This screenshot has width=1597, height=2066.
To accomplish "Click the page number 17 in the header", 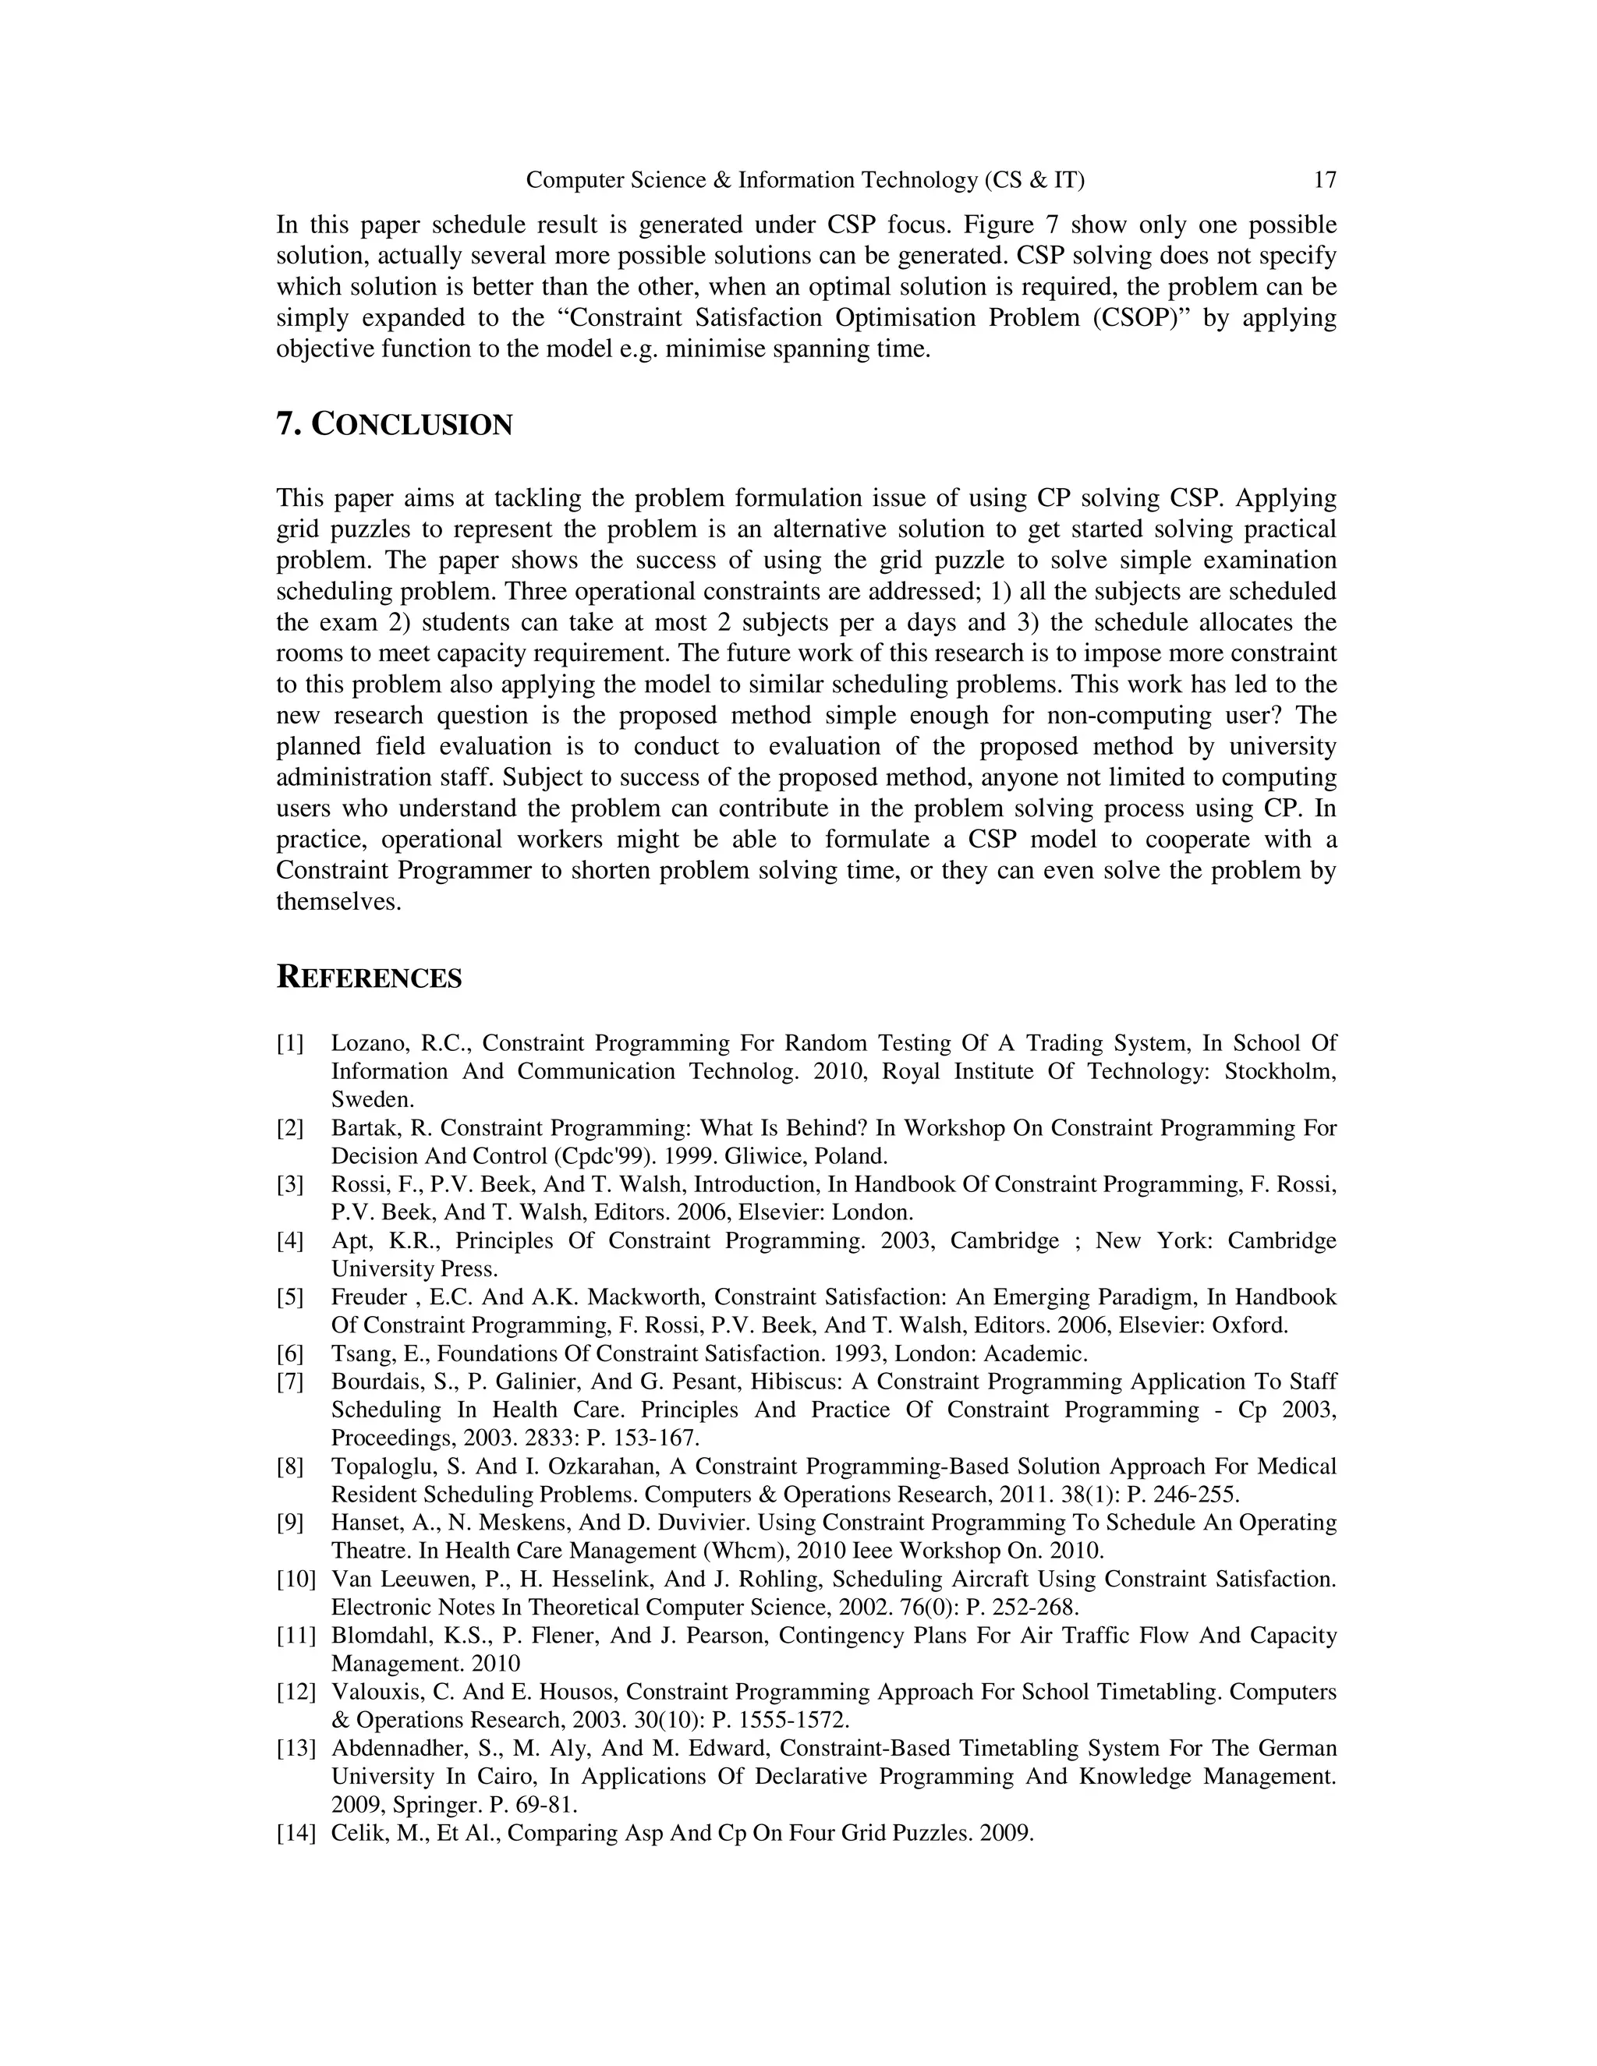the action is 1325,180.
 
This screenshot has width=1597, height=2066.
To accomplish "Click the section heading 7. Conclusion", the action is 394,425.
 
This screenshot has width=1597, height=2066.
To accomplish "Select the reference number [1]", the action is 290,1043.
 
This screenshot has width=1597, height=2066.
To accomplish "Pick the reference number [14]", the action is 296,1832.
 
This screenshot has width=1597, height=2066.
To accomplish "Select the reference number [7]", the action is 290,1382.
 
